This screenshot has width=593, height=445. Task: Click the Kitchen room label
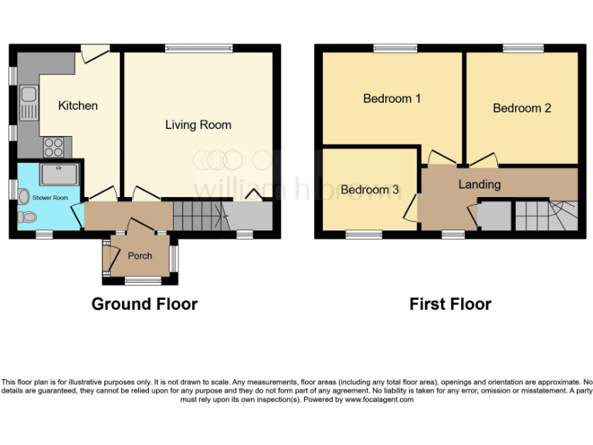tap(78, 105)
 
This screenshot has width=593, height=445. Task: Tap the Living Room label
tap(198, 124)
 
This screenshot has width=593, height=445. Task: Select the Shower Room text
tap(50, 199)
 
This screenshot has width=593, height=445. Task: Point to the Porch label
tap(140, 256)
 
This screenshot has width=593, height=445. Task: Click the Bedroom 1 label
tap(391, 98)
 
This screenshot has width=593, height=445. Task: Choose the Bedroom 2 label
tap(522, 108)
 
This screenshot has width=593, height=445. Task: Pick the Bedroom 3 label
tap(370, 189)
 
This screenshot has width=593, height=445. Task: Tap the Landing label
tap(479, 185)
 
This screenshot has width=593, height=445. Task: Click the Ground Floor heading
tap(144, 304)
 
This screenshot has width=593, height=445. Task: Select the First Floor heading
tap(450, 304)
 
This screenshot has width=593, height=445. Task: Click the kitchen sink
tap(29, 103)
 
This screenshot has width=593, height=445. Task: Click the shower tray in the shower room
tap(59, 174)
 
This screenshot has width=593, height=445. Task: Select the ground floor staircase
tap(198, 216)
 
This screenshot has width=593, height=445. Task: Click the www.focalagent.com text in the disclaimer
tap(379, 399)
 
